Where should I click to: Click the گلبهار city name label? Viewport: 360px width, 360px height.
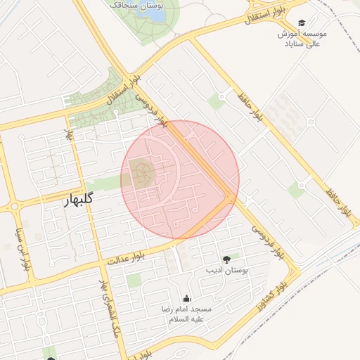point(73,200)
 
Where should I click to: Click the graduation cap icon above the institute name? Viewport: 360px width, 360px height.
point(302,23)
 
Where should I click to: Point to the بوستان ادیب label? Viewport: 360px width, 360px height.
point(224,269)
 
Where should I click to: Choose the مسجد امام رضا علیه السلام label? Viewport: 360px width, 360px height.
point(186,314)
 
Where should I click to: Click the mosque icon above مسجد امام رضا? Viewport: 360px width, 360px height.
point(186,299)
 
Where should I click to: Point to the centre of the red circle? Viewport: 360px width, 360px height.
point(180,179)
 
